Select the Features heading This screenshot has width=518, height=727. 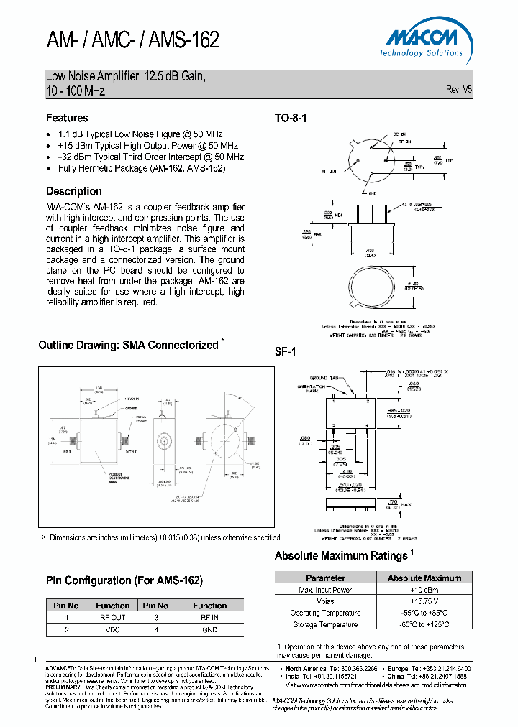(x=67, y=118)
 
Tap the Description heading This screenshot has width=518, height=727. (x=74, y=191)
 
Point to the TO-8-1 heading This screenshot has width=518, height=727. (x=291, y=119)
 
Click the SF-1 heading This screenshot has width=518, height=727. (x=285, y=352)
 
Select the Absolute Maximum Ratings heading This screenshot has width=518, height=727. (x=341, y=555)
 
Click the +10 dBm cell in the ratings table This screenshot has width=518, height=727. (x=424, y=590)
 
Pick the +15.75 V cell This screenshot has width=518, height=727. (x=424, y=601)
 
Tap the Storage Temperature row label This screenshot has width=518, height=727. (x=325, y=624)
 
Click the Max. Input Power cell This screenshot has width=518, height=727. (x=325, y=590)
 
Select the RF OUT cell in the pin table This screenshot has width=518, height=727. (x=113, y=617)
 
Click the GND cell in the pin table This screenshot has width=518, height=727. (x=210, y=629)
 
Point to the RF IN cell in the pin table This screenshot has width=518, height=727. (x=210, y=617)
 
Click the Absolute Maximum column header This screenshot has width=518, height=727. (x=424, y=578)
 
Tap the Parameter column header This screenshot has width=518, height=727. (x=325, y=578)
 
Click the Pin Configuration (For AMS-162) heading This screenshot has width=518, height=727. (x=124, y=580)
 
